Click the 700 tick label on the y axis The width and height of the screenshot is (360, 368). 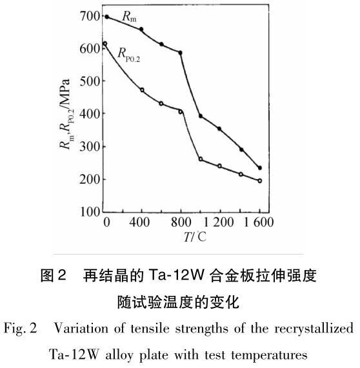tap(90, 16)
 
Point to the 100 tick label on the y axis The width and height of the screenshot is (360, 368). tap(90, 211)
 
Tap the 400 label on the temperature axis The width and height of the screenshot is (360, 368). tap(139, 222)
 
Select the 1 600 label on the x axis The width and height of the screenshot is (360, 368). tap(259, 222)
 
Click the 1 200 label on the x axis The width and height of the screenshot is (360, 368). tap(218, 222)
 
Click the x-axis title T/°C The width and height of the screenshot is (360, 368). tap(195, 237)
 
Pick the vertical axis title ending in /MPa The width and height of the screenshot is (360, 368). tap(65, 114)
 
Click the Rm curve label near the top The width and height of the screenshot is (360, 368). tap(129, 17)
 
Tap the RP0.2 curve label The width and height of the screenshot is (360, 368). tap(129, 55)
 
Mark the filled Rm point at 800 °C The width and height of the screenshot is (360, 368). tap(180, 53)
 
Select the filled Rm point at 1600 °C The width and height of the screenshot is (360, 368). tap(260, 168)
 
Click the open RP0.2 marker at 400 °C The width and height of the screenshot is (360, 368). tap(142, 90)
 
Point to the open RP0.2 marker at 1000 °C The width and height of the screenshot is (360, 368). tap(201, 159)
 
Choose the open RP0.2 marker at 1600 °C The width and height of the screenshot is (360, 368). tap(260, 180)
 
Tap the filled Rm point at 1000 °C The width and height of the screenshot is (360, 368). tap(201, 116)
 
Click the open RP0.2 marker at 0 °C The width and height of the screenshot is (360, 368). tap(105, 44)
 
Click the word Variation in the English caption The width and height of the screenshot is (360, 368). tap(81, 328)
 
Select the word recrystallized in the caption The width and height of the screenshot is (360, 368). tap(314, 329)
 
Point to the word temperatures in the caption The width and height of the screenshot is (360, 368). tap(270, 355)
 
